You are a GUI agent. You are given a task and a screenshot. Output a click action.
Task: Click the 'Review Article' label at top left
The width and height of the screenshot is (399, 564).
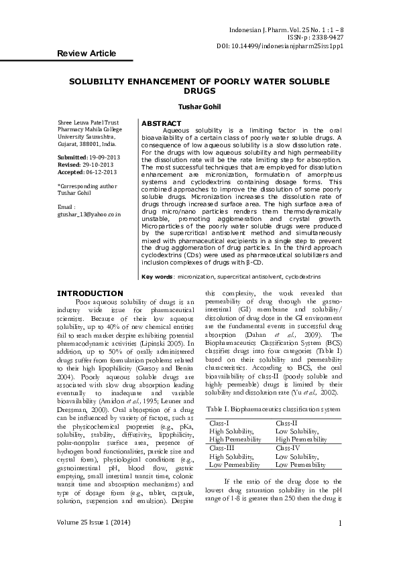tap(87, 54)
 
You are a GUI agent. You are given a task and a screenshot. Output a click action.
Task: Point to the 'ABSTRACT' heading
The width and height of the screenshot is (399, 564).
tap(162, 123)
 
